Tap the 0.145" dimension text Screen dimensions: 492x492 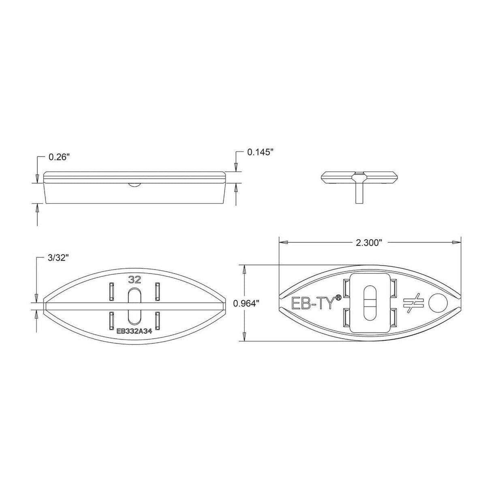point(261,152)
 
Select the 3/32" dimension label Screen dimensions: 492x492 point(58,258)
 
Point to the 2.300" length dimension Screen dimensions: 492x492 point(369,242)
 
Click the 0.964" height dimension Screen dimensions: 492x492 point(246,303)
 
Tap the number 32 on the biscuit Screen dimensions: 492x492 point(134,279)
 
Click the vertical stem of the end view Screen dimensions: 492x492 point(359,193)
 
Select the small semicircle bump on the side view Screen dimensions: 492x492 point(134,184)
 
